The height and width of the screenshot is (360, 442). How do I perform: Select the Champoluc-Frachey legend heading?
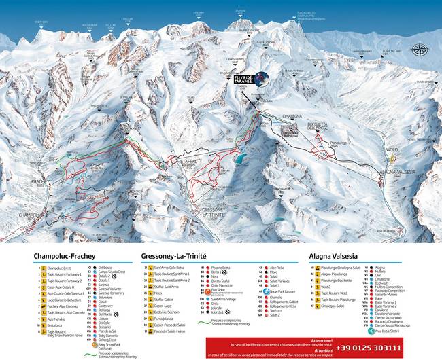(62, 257)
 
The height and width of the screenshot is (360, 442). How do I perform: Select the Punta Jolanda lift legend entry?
(165, 318)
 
